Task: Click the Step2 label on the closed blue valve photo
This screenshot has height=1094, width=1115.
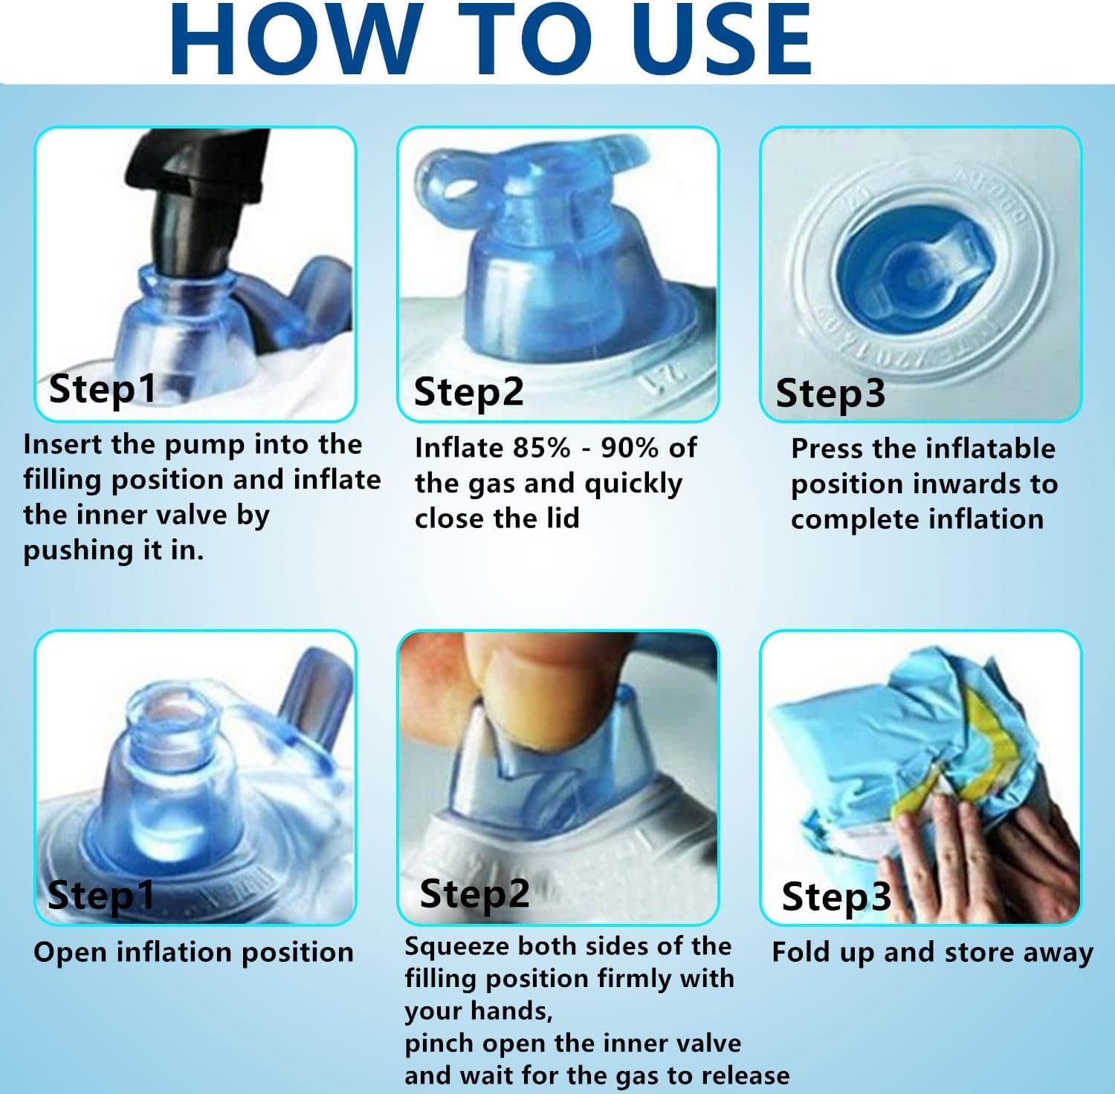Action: [x=468, y=391]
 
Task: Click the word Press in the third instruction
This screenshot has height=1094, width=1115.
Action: [x=827, y=449]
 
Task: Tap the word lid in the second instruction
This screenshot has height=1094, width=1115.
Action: [x=563, y=518]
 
